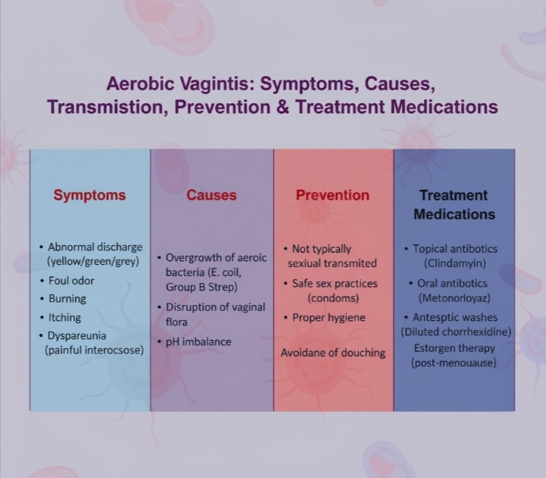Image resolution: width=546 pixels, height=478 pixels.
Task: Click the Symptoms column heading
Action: (x=89, y=195)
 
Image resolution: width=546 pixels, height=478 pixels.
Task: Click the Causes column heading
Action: (x=212, y=195)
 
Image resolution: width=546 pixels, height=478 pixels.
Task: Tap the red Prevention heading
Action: (x=332, y=195)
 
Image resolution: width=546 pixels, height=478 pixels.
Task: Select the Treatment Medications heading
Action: (x=453, y=205)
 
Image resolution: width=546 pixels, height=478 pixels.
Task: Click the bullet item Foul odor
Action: (x=71, y=280)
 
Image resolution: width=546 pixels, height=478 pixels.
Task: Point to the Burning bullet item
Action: (x=67, y=299)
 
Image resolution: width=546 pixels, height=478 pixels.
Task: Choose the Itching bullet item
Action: (x=64, y=317)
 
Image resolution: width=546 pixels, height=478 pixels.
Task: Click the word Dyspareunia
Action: (x=77, y=335)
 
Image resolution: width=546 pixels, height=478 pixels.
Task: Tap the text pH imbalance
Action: (x=199, y=341)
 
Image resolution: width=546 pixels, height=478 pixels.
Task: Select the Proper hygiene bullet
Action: (x=328, y=317)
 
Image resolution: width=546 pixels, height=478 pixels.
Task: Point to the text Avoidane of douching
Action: (x=333, y=353)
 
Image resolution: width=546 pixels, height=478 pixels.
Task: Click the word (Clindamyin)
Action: (x=455, y=263)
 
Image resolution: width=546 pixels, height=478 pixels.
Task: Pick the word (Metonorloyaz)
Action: (x=454, y=298)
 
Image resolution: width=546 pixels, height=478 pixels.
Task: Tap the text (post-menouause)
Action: (x=453, y=363)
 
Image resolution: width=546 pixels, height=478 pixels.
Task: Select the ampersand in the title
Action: (x=282, y=106)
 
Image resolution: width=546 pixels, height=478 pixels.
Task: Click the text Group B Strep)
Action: (x=201, y=287)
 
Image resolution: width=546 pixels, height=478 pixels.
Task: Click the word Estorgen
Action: (x=434, y=348)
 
